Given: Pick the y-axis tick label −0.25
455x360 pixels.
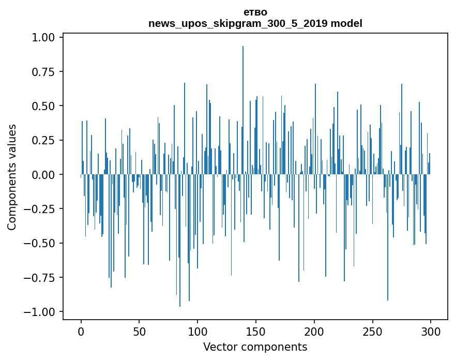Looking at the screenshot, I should [43, 209].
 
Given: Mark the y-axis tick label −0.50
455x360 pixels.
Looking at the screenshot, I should [43, 243].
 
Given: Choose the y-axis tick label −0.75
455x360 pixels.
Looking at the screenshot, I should [43, 277].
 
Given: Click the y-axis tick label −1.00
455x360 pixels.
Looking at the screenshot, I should [43, 311].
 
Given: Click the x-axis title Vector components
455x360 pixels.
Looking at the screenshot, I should [255, 347].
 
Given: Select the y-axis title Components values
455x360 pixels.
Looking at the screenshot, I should [12, 177].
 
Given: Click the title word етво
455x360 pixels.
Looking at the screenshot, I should [255, 12].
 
